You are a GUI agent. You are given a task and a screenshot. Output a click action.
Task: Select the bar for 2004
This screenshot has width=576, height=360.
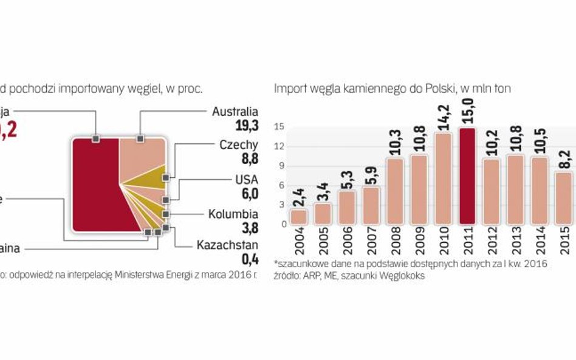click(x=298, y=217)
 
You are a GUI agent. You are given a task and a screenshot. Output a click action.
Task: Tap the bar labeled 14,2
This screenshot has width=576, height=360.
click(x=442, y=178)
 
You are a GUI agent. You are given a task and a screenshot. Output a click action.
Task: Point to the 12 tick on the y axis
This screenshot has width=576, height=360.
click(x=281, y=146)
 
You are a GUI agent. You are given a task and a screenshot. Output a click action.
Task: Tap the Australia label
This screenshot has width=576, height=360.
click(x=235, y=112)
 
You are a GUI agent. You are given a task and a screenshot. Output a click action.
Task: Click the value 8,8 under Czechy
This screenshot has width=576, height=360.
click(x=247, y=158)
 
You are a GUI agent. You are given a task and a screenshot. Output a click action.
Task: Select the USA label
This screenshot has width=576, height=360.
click(x=246, y=180)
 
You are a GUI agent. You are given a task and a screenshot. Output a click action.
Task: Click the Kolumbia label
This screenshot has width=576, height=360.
click(x=233, y=214)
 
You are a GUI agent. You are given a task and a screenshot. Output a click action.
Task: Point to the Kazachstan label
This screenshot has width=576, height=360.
click(x=227, y=245)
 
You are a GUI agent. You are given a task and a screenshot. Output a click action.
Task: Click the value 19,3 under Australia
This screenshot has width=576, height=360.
click(x=247, y=125)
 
